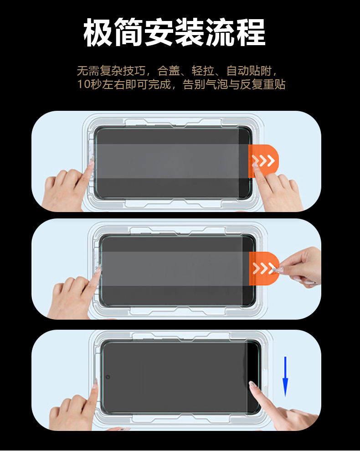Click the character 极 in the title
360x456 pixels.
[98, 32]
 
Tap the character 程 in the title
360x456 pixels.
[250, 32]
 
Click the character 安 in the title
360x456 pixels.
[159, 32]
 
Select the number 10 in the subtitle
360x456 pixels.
[83, 85]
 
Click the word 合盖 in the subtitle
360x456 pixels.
[169, 71]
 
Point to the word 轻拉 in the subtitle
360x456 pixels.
[203, 71]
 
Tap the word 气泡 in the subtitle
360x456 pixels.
[217, 85]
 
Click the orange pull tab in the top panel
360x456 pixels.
[263, 161]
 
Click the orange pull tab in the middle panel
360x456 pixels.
[264, 269]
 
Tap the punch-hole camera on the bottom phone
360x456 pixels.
[108, 377]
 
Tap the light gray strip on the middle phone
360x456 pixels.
[175, 269]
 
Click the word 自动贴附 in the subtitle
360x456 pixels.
[249, 71]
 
